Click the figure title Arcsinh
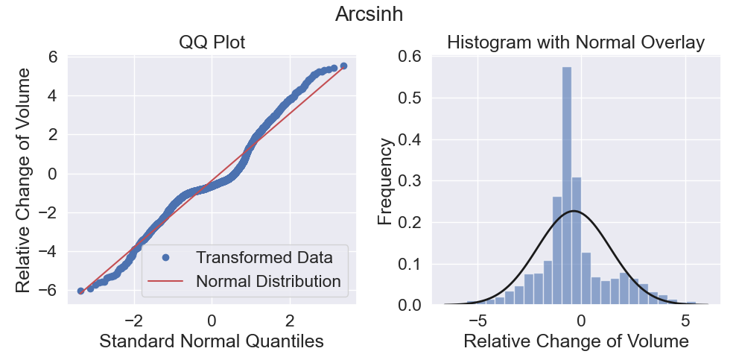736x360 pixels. pos(369,14)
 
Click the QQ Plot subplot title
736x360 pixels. pos(212,42)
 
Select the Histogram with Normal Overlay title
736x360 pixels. pos(576,42)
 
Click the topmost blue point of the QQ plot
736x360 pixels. pos(343,66)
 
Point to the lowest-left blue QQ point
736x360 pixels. pos(80,291)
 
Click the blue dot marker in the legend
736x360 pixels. pos(165,258)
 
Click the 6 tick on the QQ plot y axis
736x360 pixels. pos(58,57)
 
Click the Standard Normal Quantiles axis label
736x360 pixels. pos(212,341)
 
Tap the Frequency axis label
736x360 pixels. pos(385,181)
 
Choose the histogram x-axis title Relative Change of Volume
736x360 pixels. pos(576,341)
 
